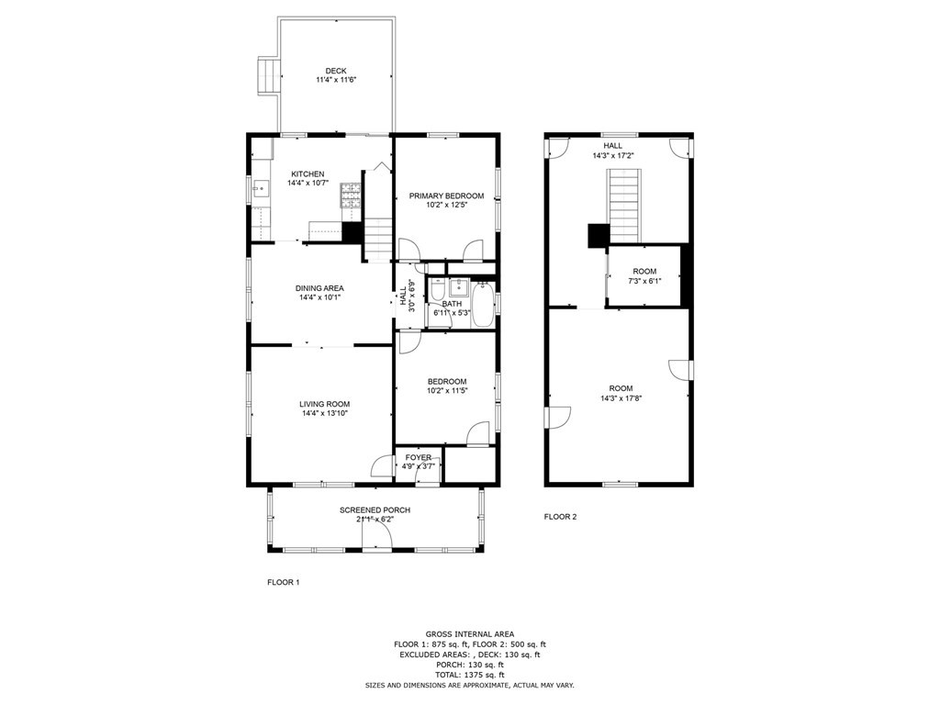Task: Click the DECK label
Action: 335,71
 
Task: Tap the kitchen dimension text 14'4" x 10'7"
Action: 308,183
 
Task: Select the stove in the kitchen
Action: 351,194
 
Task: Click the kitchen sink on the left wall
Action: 261,190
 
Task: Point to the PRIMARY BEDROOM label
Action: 446,196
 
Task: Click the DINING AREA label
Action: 319,288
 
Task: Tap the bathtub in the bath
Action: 483,304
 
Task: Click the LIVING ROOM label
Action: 324,404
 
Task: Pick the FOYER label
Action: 419,457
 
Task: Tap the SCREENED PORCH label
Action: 375,510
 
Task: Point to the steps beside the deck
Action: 266,75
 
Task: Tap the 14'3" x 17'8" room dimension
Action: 621,397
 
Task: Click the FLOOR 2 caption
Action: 560,517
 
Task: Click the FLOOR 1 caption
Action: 283,582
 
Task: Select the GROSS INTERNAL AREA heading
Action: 469,634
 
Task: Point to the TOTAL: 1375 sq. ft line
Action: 469,675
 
